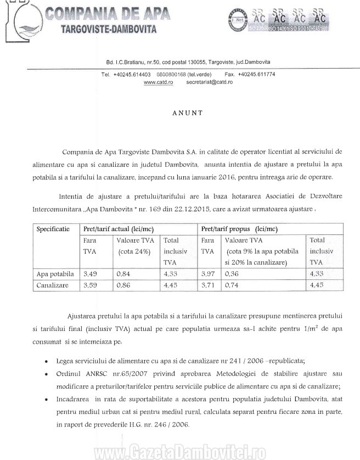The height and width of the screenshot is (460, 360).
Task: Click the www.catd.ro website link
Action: coord(159,82)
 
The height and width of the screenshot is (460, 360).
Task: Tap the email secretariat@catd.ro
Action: coord(209,82)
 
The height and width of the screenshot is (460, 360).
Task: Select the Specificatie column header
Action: coord(53,229)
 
